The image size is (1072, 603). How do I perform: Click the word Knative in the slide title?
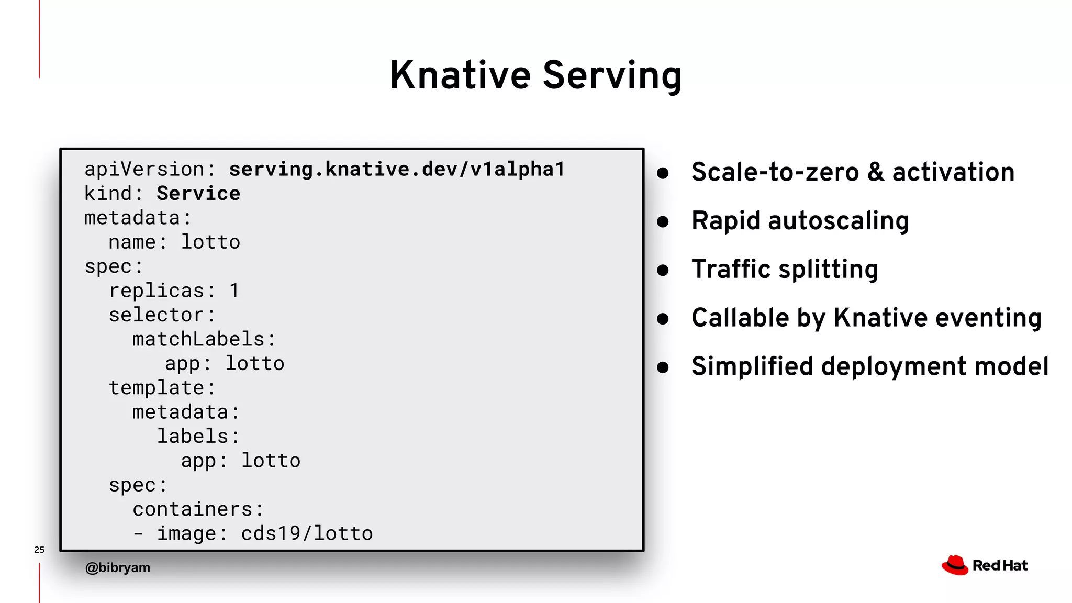tap(460, 75)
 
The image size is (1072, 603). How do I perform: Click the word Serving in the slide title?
tap(612, 76)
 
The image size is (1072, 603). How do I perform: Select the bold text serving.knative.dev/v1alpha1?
tap(397, 169)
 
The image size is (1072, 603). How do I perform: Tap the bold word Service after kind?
tap(198, 194)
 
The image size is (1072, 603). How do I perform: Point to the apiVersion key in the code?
tap(144, 169)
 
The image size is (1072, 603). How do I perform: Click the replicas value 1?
tap(234, 291)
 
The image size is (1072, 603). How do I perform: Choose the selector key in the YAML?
tap(156, 315)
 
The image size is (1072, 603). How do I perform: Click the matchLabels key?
tap(198, 339)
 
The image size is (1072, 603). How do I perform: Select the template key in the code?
tap(156, 388)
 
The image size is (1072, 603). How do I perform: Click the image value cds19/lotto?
tap(307, 533)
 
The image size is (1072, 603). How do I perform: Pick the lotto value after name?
tap(210, 242)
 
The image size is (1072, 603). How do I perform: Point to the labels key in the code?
tap(192, 436)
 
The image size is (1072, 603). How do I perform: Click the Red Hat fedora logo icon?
tap(955, 565)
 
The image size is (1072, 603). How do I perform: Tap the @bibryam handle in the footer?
tap(118, 567)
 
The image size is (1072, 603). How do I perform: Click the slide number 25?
tap(39, 550)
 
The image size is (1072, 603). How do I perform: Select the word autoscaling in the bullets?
tap(838, 221)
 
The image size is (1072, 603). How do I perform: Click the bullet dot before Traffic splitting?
tap(663, 270)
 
